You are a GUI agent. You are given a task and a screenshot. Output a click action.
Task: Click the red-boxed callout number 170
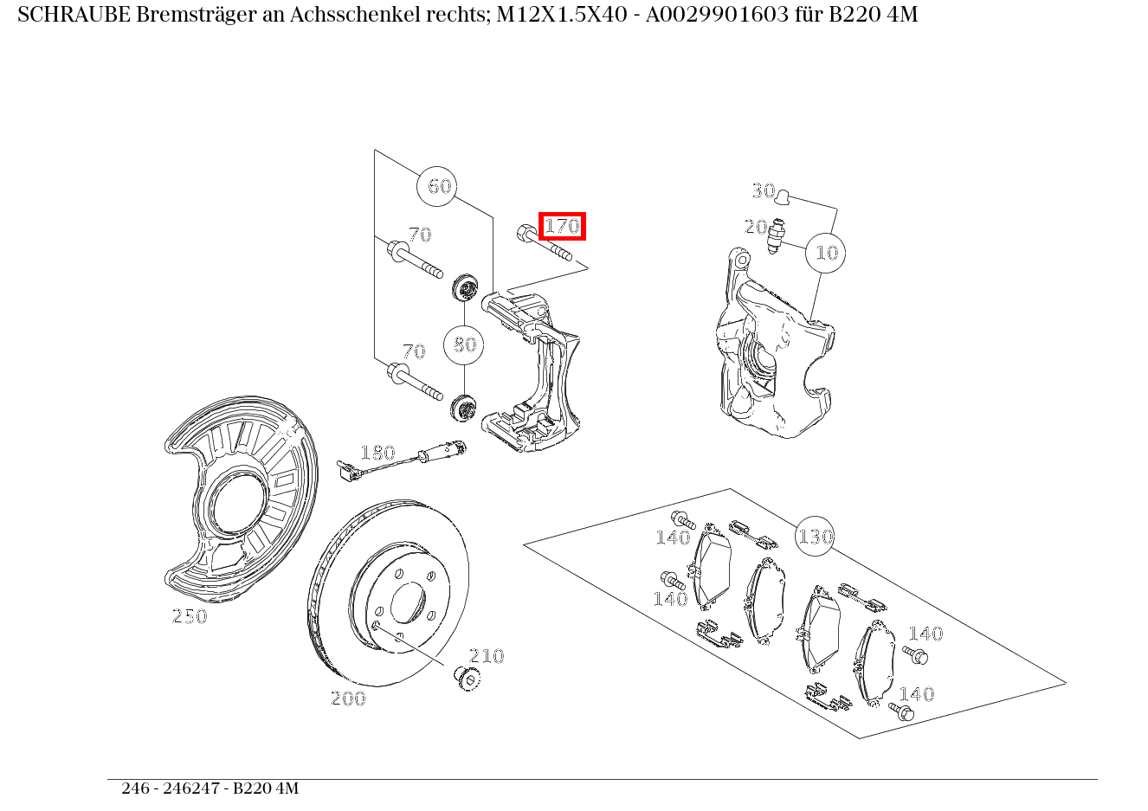(562, 227)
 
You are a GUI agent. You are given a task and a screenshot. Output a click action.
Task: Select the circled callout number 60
(439, 186)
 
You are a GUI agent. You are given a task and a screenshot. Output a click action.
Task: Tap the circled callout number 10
(826, 253)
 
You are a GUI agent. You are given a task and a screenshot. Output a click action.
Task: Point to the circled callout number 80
(464, 344)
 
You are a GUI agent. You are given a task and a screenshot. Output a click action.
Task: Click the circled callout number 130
(815, 537)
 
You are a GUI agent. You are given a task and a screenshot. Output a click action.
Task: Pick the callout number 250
(190, 616)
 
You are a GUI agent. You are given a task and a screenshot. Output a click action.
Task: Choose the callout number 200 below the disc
(348, 698)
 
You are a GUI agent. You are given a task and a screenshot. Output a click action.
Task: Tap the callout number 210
(487, 656)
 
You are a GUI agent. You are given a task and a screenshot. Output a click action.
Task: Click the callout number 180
(377, 453)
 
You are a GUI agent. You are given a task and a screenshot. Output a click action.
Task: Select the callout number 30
(763, 190)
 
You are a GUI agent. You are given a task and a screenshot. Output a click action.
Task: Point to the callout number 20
(755, 227)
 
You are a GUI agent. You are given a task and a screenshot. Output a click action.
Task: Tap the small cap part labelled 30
(783, 196)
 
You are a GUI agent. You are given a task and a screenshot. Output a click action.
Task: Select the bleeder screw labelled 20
(777, 235)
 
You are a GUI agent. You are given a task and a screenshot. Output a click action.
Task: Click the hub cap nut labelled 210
(468, 678)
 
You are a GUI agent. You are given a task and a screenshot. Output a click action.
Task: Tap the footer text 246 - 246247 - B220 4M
(210, 788)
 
